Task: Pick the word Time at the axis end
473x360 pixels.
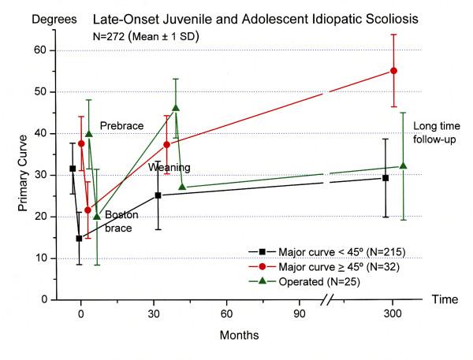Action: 445,299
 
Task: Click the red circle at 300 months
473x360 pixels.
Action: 393,71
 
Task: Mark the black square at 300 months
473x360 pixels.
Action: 385,178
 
